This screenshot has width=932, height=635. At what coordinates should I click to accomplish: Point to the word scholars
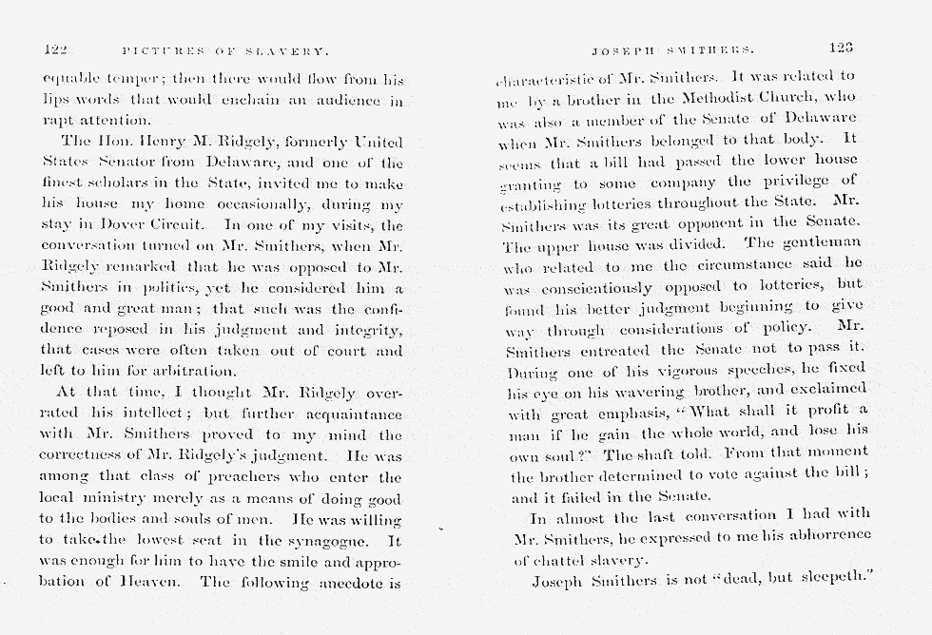[110, 183]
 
